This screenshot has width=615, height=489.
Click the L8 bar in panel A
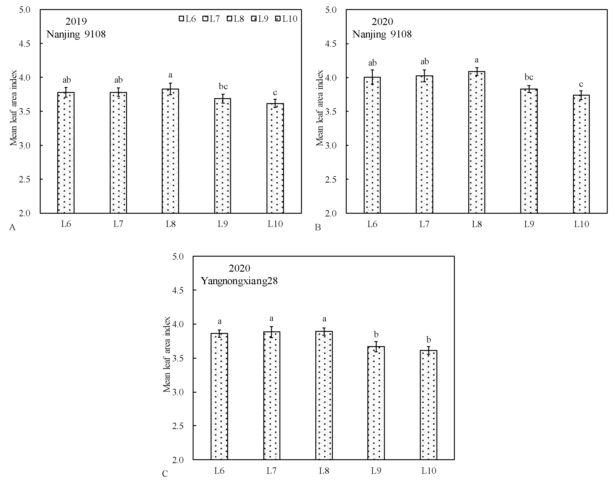pos(170,151)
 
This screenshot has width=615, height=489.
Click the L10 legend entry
pos(286,19)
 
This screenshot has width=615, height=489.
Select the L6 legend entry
pos(187,19)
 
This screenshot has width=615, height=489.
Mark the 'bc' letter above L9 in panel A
pos(223,86)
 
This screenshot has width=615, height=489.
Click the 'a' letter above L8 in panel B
pos(476,60)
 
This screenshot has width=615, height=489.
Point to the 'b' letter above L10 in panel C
pos(428,340)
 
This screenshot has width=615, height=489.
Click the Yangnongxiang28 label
pos(239,281)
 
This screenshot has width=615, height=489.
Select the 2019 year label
pos(76,21)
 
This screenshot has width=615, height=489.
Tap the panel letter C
pos(165,474)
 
